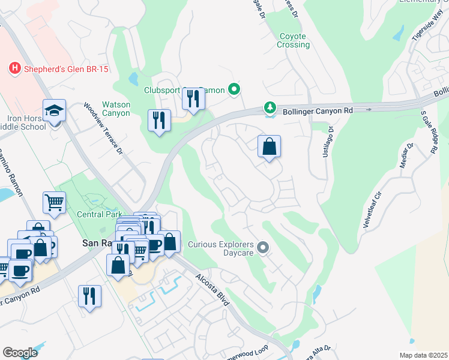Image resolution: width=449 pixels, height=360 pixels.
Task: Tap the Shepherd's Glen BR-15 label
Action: tap(66, 70)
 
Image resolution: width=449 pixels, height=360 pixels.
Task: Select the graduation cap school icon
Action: tap(54, 111)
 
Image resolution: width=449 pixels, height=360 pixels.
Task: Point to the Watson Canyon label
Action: tap(116, 109)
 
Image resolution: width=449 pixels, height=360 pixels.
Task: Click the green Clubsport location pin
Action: tap(235, 90)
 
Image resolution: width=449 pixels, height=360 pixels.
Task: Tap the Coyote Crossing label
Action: tap(294, 40)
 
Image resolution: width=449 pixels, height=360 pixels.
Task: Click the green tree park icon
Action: tap(271, 108)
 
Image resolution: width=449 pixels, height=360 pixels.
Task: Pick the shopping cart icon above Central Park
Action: tap(55, 202)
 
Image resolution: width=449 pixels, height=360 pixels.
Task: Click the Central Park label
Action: tap(99, 214)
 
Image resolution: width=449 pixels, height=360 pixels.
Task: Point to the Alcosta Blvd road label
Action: tap(213, 290)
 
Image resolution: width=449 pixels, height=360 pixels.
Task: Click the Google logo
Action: tap(20, 353)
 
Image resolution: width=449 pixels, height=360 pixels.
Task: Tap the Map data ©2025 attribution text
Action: tap(423, 355)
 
